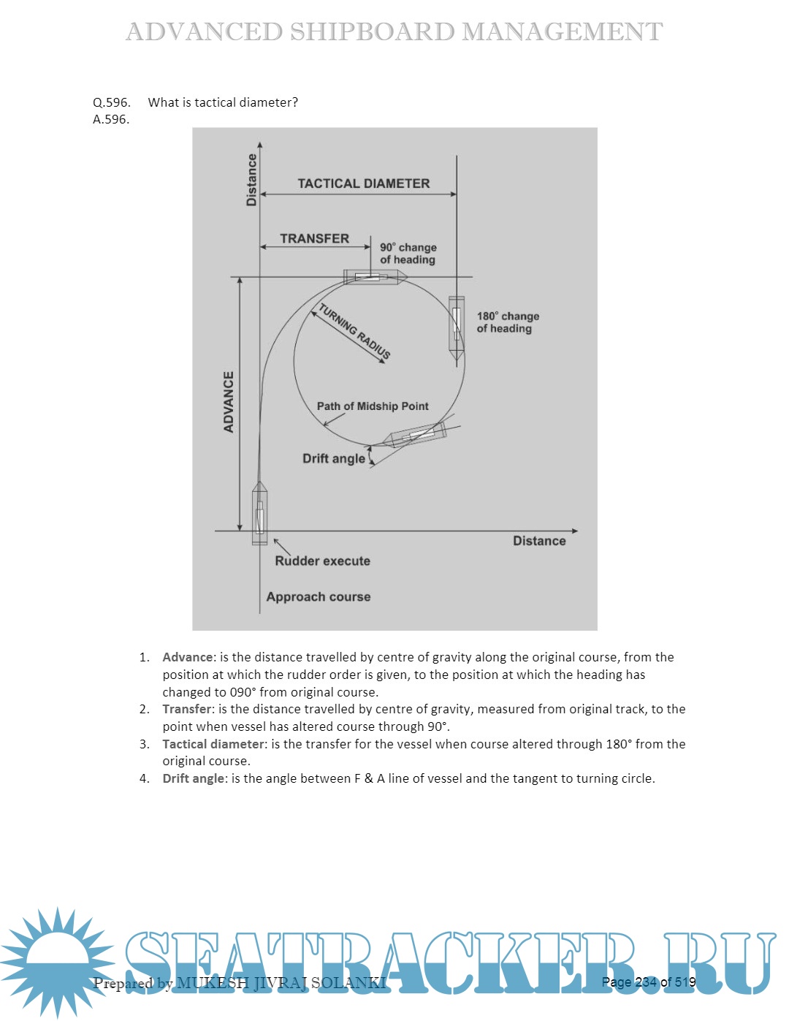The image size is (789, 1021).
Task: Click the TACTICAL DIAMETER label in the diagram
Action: [363, 183]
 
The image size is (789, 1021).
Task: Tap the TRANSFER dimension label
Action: [314, 238]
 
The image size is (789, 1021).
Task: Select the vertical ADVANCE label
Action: [229, 402]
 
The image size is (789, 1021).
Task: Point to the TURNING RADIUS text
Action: [354, 331]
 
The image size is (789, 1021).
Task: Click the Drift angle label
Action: [334, 458]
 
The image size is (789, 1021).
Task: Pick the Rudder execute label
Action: [322, 561]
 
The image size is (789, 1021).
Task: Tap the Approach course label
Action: [318, 596]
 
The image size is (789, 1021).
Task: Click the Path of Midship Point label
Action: [373, 406]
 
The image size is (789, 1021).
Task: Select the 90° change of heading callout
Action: [408, 254]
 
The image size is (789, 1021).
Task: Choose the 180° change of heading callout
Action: [508, 322]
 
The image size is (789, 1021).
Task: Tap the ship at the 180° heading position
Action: [457, 329]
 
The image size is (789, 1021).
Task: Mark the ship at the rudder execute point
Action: [259, 513]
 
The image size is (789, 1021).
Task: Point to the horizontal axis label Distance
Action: [539, 541]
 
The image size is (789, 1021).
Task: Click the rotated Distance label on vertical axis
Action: [252, 180]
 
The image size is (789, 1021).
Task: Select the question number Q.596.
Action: [112, 102]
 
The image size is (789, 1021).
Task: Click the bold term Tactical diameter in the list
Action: [214, 744]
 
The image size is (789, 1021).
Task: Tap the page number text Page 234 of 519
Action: [648, 982]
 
